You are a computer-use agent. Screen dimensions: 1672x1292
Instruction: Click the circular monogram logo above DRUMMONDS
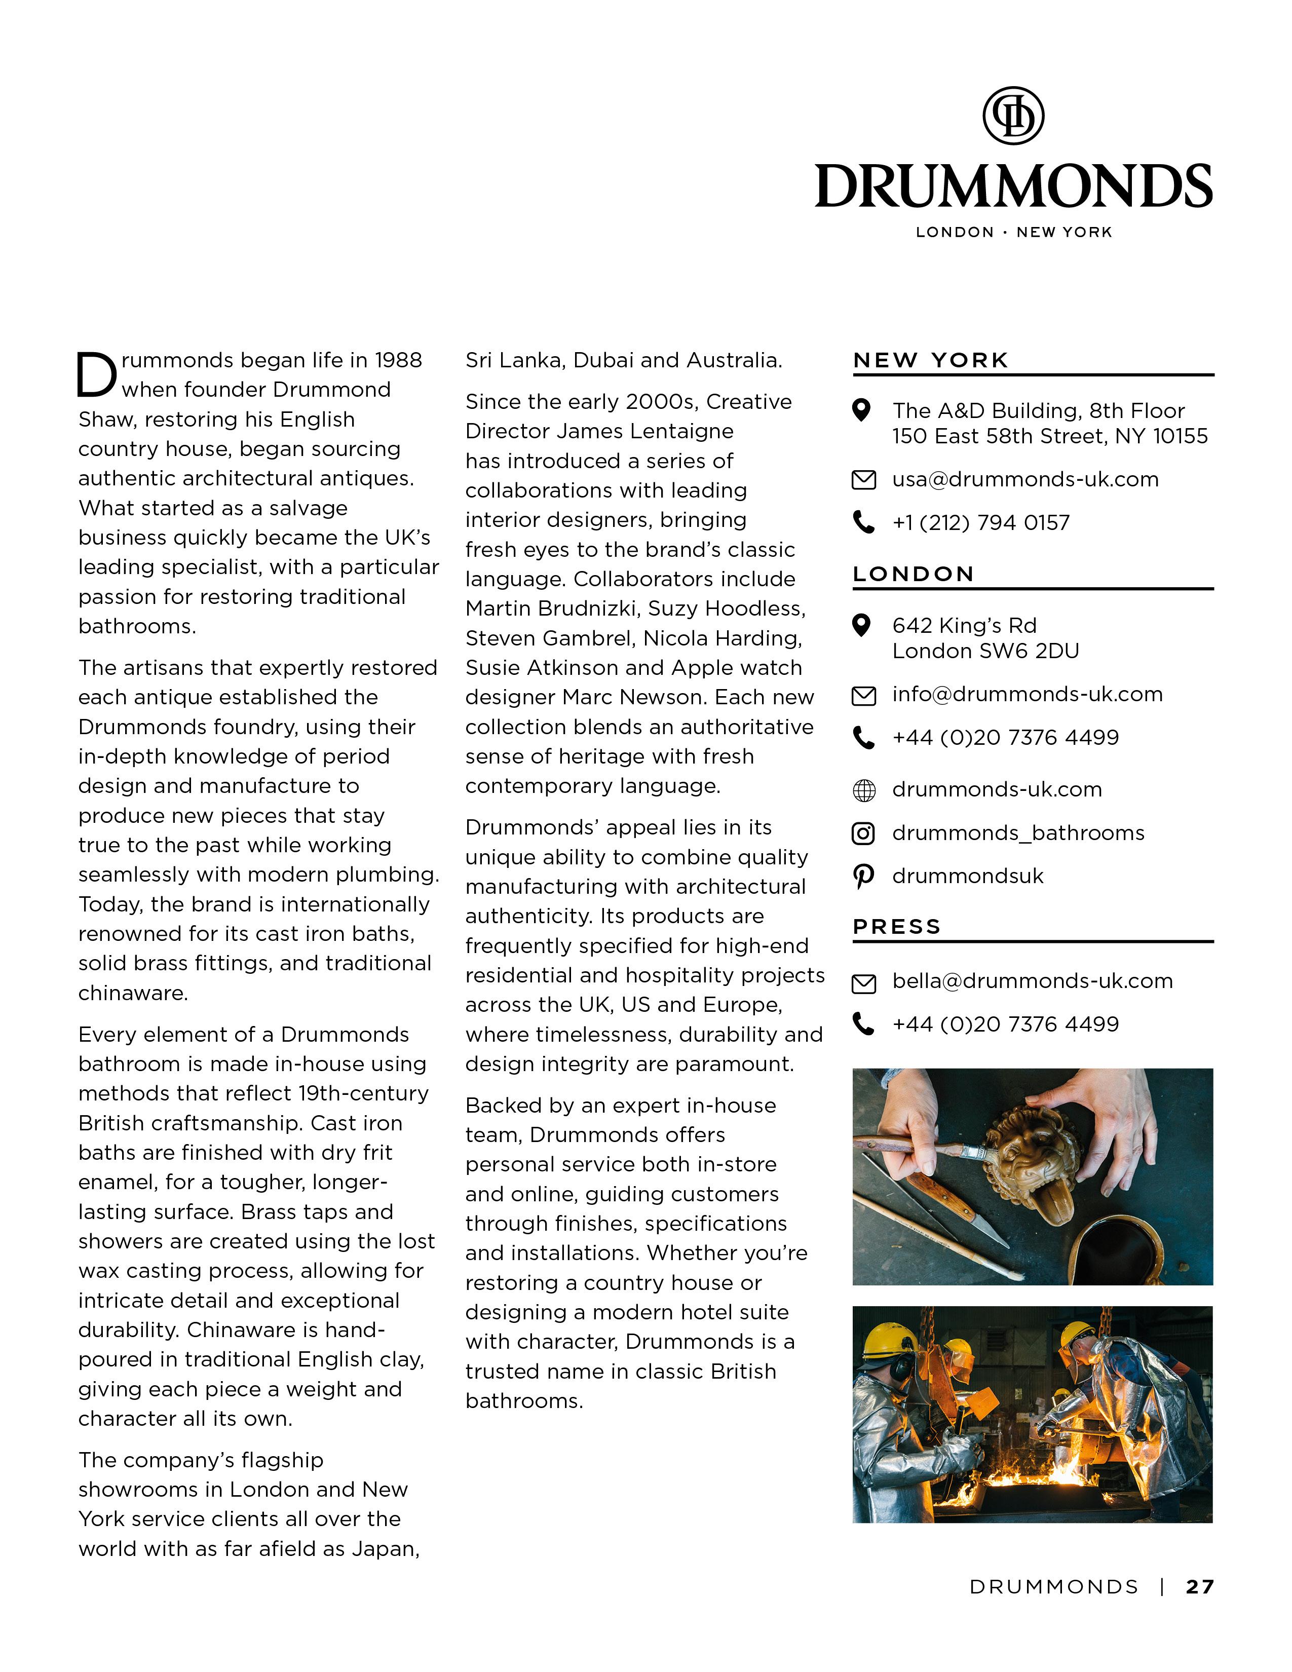(1013, 116)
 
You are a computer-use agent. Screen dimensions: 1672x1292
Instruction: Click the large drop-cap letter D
(96, 375)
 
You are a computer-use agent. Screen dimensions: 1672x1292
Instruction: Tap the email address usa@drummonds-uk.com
(1025, 479)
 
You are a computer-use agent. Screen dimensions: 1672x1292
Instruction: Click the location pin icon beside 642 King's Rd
(862, 625)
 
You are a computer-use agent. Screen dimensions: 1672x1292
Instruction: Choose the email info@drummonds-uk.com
(1027, 694)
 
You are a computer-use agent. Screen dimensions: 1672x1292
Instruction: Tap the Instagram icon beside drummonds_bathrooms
(863, 833)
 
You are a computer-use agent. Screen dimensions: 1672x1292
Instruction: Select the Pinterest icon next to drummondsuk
(863, 876)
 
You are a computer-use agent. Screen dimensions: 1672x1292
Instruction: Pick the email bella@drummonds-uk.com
(1032, 981)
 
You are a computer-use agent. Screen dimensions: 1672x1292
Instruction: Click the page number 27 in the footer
(1199, 1587)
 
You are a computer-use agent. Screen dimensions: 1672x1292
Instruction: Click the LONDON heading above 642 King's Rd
(913, 574)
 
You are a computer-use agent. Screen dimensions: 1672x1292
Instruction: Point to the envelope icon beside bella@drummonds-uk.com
(863, 983)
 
